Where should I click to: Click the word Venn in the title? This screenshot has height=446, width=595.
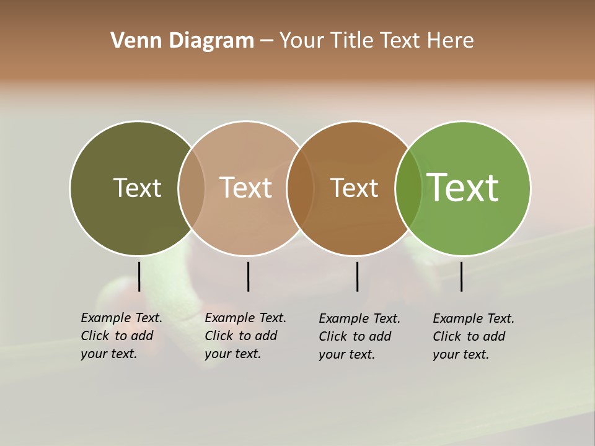click(x=131, y=41)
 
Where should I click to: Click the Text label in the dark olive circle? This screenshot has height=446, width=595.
click(x=137, y=188)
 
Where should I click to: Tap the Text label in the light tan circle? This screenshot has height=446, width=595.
click(x=246, y=188)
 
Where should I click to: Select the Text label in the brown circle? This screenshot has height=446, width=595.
click(x=354, y=188)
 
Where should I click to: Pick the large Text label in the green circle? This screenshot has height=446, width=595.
click(x=463, y=188)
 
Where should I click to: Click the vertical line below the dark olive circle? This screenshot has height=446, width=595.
click(x=139, y=276)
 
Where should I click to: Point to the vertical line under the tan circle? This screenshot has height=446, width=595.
click(x=248, y=276)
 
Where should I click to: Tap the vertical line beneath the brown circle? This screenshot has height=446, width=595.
click(x=357, y=276)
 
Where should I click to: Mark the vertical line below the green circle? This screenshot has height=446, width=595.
click(x=461, y=276)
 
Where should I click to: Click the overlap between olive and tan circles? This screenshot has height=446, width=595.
click(x=192, y=188)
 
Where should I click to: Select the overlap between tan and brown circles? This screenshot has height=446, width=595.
click(x=300, y=188)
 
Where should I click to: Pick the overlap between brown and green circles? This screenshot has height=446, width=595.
click(x=408, y=188)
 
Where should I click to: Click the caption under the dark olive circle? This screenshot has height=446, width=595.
click(x=121, y=336)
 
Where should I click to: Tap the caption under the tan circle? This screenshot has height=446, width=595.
click(x=245, y=336)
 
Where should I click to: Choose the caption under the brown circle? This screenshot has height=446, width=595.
click(x=359, y=336)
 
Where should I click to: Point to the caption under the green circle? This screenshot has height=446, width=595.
click(x=474, y=336)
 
